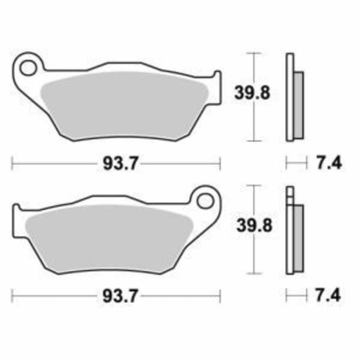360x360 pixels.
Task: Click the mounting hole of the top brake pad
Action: (x=27, y=68)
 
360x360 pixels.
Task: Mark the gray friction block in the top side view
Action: (x=298, y=105)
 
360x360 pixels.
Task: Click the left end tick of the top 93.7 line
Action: (x=12, y=163)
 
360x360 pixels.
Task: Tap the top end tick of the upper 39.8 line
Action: (x=253, y=53)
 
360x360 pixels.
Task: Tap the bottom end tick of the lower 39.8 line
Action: (x=253, y=273)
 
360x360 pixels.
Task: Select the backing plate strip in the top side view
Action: (x=289, y=97)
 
